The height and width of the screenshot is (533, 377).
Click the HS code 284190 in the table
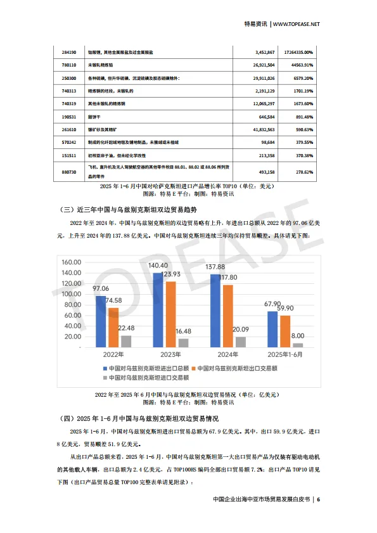pyautogui.click(x=70, y=53)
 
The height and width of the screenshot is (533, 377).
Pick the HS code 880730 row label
pyautogui.click(x=70, y=171)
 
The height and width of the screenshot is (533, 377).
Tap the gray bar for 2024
pyautogui.click(x=240, y=342)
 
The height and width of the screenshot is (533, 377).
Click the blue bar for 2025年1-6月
pyautogui.click(x=272, y=330)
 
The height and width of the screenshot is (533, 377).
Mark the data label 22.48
pyautogui.click(x=127, y=327)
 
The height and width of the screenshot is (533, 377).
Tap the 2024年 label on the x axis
pyautogui.click(x=229, y=356)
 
